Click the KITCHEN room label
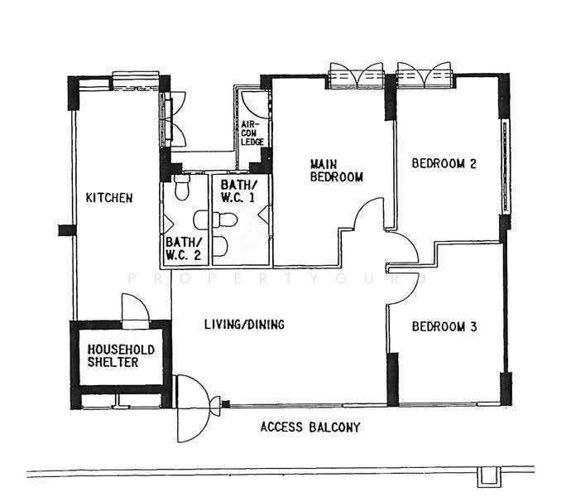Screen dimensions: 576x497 click(x=109, y=198)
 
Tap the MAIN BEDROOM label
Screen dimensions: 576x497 click(x=337, y=171)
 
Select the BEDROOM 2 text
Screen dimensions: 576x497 click(x=444, y=163)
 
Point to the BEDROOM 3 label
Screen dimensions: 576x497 click(x=444, y=326)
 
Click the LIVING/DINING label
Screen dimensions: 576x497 click(x=244, y=324)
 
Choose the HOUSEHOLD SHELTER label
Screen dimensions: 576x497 click(x=121, y=356)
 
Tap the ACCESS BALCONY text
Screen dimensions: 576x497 click(x=310, y=427)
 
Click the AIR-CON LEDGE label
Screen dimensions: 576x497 click(x=252, y=133)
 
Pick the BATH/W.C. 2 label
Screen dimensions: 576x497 click(x=183, y=248)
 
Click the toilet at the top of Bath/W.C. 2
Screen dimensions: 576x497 click(x=182, y=187)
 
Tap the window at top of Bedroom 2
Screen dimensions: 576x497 click(x=425, y=75)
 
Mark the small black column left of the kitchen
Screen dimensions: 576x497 click(x=67, y=230)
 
